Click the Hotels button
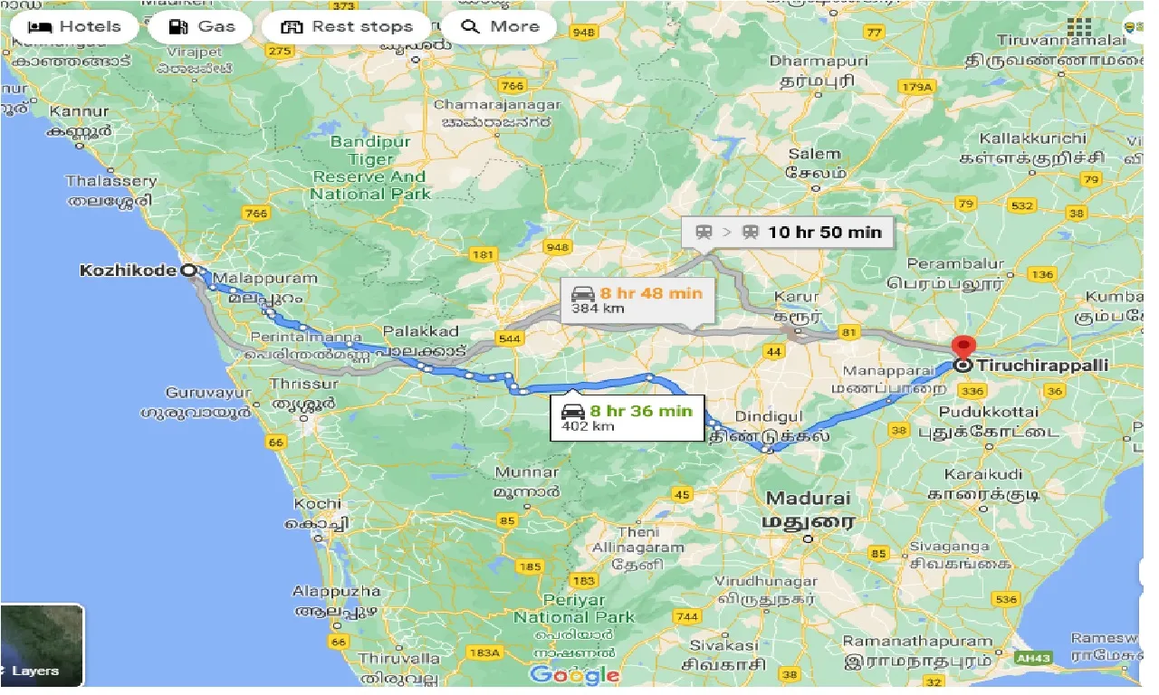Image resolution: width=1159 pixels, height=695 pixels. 74,27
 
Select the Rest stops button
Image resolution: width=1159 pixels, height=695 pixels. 347,27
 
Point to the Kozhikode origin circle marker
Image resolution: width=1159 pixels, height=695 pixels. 188,271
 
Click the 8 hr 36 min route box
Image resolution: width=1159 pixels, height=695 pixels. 627,416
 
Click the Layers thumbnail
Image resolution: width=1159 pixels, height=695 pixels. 42,645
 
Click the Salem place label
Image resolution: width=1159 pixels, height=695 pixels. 814,155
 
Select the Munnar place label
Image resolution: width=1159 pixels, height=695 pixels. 526,472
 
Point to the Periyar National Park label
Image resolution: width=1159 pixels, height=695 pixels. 574,608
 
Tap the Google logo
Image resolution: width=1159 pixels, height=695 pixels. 574,675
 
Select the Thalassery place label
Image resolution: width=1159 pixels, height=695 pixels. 110,181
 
